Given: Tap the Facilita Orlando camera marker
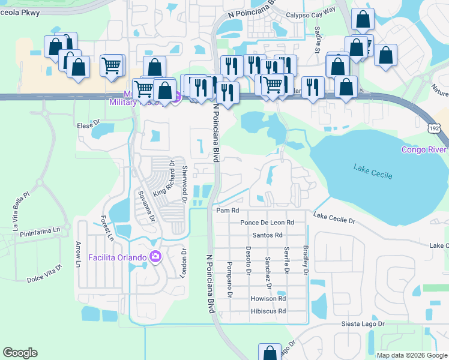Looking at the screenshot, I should click(156, 257).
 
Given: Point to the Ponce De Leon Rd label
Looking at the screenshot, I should click(267, 222).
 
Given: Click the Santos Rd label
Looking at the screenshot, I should click(267, 235).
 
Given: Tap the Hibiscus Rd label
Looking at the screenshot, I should click(268, 311).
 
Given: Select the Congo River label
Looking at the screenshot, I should click(424, 149).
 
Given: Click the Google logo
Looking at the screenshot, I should click(20, 353).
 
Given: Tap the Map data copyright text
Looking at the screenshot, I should click(412, 355).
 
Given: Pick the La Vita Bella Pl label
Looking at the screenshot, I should click(20, 211).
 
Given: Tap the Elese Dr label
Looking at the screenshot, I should click(88, 125).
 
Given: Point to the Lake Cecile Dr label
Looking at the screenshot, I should click(334, 218).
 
